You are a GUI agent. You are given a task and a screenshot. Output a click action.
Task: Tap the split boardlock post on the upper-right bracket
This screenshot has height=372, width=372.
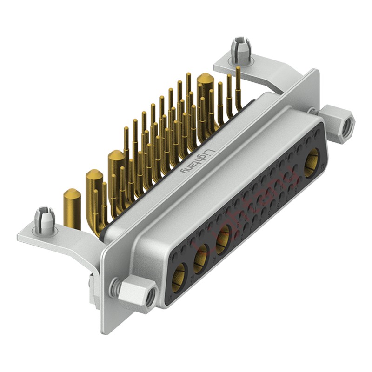point(240,50)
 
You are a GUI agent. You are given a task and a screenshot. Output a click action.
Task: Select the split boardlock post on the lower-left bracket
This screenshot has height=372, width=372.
point(45,220)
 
